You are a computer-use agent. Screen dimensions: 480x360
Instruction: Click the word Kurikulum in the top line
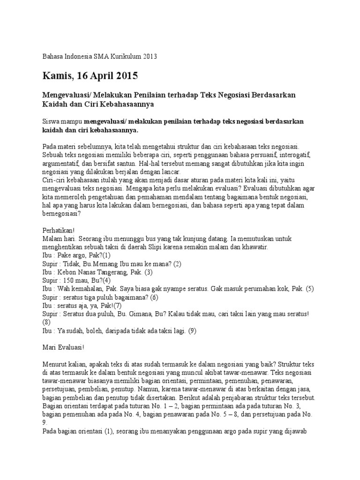pos(122,57)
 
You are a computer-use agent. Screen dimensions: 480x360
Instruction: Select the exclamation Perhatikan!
pos(59,231)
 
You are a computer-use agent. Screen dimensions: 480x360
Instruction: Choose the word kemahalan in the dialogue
pos(93,288)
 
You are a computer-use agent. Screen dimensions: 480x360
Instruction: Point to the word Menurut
pos(55,364)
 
